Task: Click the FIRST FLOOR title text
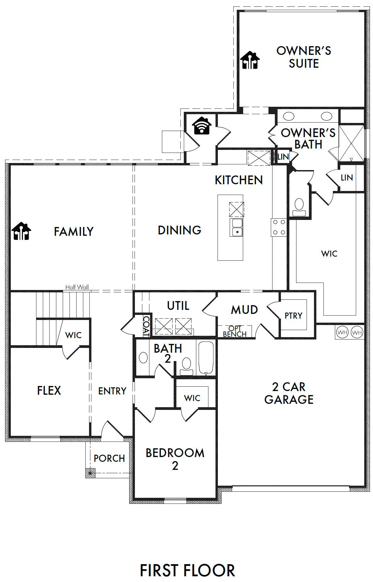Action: [187, 570]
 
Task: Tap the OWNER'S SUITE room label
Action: [304, 57]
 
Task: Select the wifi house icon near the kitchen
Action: [202, 126]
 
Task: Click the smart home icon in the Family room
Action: [22, 231]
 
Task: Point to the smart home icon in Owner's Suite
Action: [250, 60]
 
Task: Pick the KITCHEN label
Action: [239, 180]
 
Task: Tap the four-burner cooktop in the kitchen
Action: [279, 227]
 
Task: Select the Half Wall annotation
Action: [77, 287]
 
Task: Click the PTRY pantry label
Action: [293, 316]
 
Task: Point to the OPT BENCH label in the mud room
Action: [235, 331]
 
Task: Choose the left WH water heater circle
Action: [342, 333]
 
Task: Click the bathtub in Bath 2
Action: [206, 358]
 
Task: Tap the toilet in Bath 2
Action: [186, 367]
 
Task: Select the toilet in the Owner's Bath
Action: [299, 207]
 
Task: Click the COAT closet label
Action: [147, 326]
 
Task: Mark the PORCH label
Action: [109, 458]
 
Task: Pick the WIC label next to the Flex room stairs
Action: [74, 335]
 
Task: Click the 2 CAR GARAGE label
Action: [289, 393]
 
